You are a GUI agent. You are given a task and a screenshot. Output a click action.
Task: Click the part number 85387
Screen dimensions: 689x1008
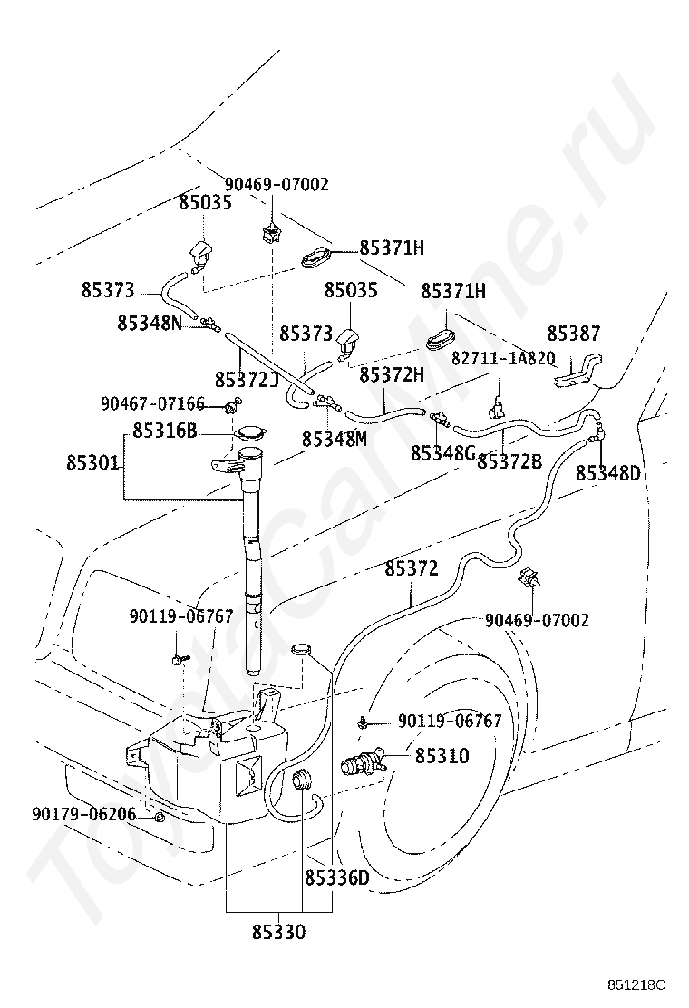(573, 334)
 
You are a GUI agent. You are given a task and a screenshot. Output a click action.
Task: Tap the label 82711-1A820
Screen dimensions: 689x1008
(503, 358)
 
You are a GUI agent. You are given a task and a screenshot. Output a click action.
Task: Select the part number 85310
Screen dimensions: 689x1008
(442, 756)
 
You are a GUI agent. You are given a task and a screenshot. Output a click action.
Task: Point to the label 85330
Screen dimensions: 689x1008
(278, 932)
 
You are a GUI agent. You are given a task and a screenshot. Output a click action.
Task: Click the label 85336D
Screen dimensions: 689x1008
(336, 877)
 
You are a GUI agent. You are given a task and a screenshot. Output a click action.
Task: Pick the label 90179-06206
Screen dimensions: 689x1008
(84, 815)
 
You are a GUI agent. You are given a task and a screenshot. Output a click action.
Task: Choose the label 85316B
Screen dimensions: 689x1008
(164, 430)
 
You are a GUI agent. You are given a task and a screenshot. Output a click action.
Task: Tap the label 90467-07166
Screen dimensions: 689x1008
(153, 403)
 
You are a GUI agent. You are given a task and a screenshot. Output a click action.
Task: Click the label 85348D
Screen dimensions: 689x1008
(608, 473)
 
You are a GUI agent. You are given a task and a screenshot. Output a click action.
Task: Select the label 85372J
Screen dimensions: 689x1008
(247, 380)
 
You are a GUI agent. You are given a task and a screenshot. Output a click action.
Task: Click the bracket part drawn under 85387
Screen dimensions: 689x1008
(577, 371)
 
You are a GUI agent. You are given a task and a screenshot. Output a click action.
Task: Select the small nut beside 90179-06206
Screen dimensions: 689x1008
(159, 817)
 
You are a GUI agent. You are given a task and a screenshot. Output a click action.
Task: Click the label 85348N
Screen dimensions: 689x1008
(150, 322)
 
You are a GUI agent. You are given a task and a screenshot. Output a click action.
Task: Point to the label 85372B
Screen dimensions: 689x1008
(509, 460)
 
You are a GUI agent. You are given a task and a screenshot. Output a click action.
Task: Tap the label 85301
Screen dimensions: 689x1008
(92, 462)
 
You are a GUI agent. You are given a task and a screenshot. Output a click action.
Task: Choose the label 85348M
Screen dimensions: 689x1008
(335, 439)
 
